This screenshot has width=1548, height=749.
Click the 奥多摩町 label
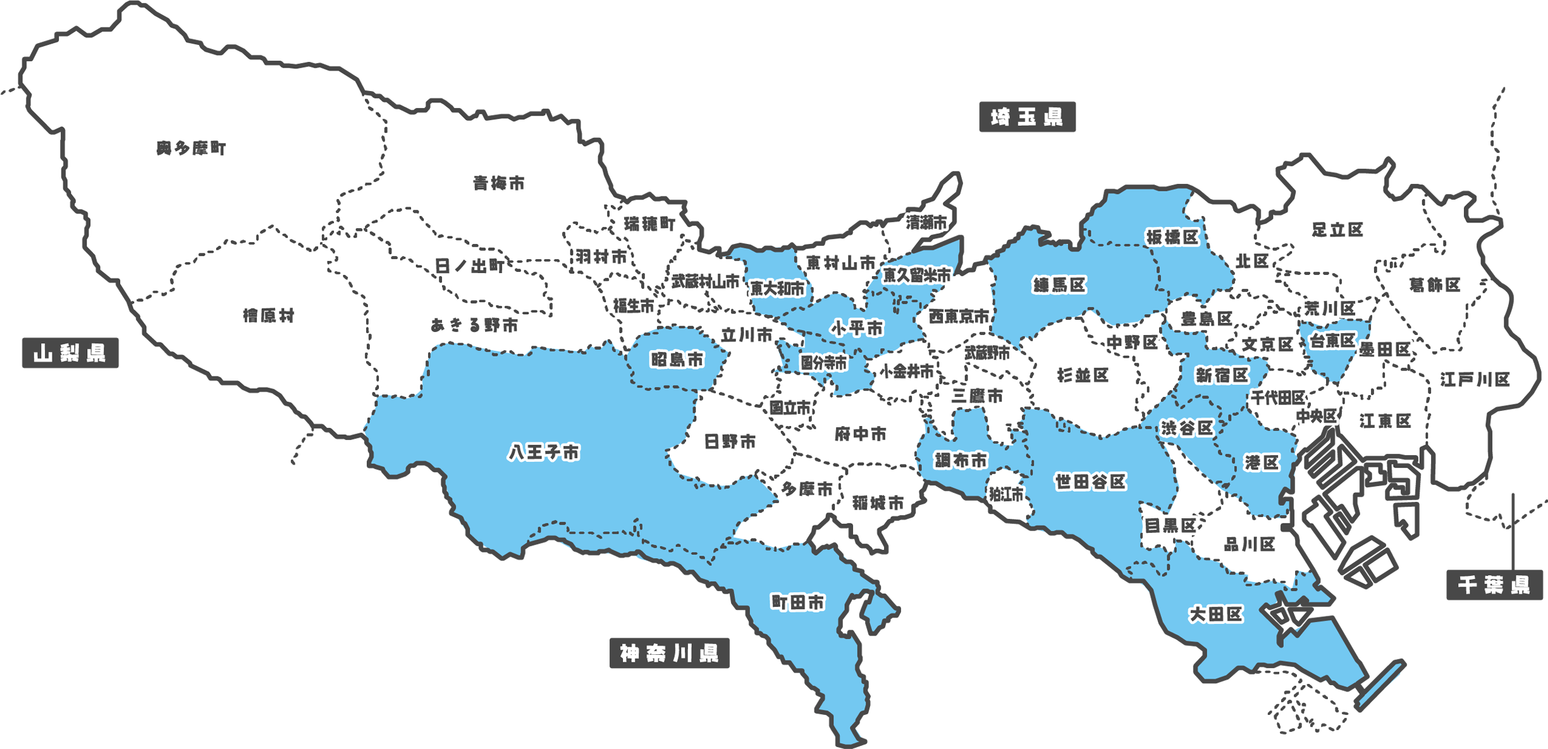click(191, 149)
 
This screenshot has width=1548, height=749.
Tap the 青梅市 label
click(499, 183)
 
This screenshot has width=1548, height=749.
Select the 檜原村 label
click(269, 315)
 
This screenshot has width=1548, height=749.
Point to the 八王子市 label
click(544, 453)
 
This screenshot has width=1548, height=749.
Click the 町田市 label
click(798, 602)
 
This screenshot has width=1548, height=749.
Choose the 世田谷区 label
click(1090, 482)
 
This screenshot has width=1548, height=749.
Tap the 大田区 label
click(1215, 614)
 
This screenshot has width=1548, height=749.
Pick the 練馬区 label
click(1060, 285)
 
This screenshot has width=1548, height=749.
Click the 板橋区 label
click(1172, 237)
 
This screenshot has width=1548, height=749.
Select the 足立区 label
click(1337, 230)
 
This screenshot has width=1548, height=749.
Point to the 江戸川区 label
click(1475, 379)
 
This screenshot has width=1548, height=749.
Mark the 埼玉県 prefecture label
click(1026, 118)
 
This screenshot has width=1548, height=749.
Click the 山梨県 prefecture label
click(70, 353)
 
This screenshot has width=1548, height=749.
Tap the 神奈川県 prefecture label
click(669, 653)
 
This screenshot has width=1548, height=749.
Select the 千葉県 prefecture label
click(1494, 585)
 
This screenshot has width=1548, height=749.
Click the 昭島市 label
click(677, 360)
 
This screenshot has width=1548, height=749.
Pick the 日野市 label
click(730, 441)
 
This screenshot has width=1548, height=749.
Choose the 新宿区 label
click(1222, 375)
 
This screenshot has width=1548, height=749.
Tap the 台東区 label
click(1332, 341)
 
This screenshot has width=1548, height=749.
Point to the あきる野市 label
click(474, 326)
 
